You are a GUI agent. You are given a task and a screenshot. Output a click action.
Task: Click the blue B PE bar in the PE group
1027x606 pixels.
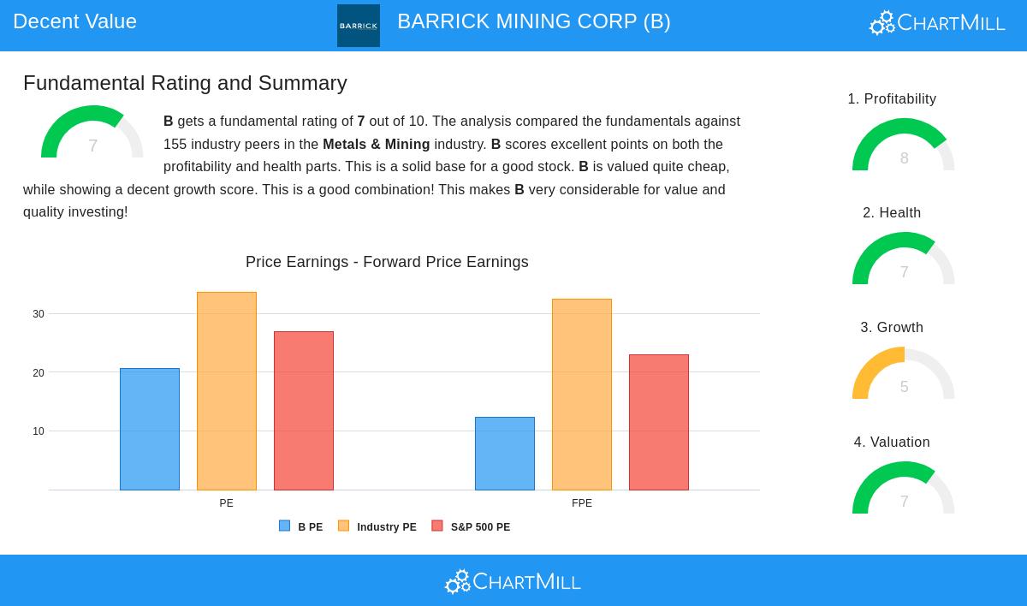pyautogui.click(x=150, y=429)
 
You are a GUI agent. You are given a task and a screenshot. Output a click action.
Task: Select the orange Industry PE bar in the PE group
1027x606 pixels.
pyautogui.click(x=227, y=391)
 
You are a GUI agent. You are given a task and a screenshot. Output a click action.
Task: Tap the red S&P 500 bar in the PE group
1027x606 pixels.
pyautogui.click(x=304, y=411)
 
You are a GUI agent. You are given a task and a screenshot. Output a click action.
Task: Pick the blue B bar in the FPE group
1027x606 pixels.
pyautogui.click(x=505, y=454)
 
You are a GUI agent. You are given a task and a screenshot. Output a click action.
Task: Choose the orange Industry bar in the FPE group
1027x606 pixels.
pyautogui.click(x=582, y=395)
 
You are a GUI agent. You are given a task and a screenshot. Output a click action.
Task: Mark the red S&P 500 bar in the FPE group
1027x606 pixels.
pyautogui.click(x=659, y=422)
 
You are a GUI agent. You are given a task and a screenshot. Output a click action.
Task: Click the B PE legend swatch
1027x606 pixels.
pyautogui.click(x=285, y=526)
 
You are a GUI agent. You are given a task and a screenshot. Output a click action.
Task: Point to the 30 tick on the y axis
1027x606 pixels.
pyautogui.click(x=39, y=314)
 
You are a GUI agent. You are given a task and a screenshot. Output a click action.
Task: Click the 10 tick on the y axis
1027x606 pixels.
pyautogui.click(x=39, y=431)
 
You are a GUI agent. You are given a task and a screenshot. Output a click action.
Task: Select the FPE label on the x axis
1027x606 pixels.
pyautogui.click(x=582, y=503)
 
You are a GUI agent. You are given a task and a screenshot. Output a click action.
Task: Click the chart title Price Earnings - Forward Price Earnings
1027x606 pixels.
pyautogui.click(x=387, y=262)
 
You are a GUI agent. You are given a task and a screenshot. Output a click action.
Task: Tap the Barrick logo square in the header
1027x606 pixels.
pyautogui.click(x=359, y=26)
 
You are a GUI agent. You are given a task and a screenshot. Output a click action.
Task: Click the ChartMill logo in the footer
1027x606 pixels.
pyautogui.click(x=513, y=582)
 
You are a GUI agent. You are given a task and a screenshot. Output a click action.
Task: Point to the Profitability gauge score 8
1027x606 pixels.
pyautogui.click(x=904, y=158)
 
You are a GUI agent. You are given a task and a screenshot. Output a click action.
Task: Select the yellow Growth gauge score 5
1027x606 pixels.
pyautogui.click(x=904, y=387)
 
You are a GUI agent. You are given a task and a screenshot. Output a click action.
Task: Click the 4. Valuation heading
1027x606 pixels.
pyautogui.click(x=892, y=442)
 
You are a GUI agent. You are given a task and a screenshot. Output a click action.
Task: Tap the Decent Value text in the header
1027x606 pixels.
pyautogui.click(x=75, y=21)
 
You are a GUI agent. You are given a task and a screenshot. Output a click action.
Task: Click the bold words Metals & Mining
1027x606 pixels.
pyautogui.click(x=377, y=145)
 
